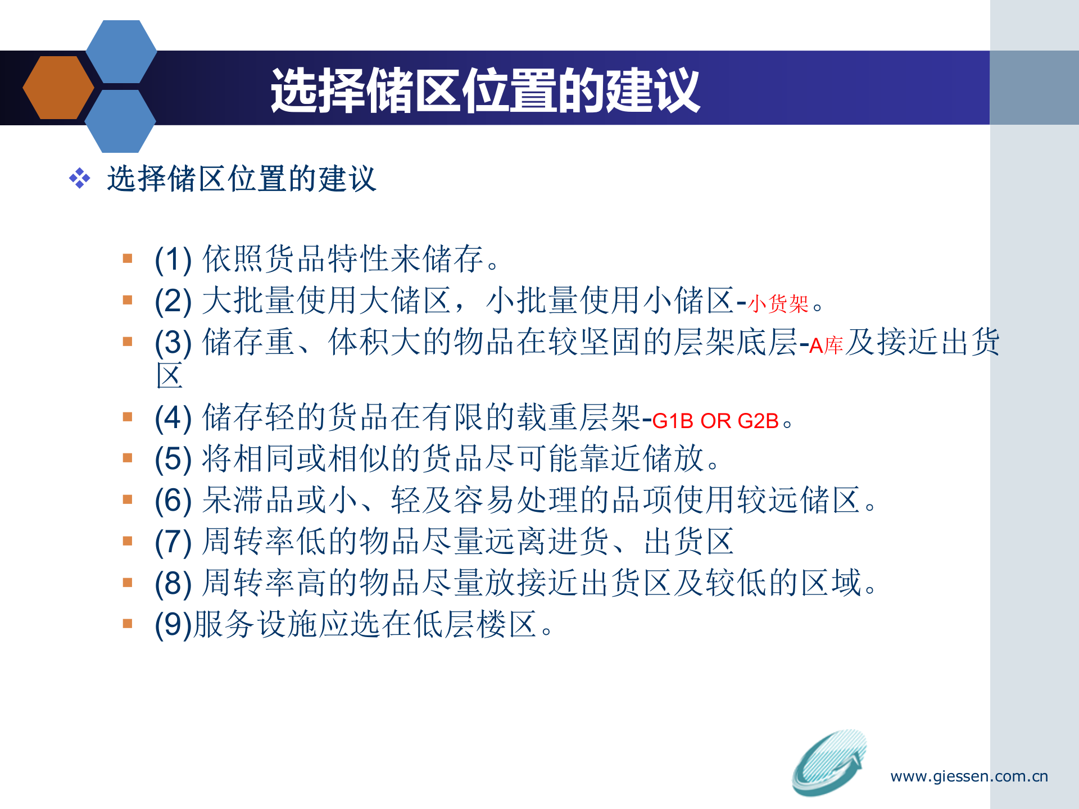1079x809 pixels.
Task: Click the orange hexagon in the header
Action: click(58, 88)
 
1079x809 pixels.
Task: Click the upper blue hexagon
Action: click(121, 52)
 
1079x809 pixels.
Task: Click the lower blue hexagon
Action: click(120, 121)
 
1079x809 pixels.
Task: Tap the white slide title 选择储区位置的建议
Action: click(485, 90)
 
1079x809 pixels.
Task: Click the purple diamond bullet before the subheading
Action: click(79, 179)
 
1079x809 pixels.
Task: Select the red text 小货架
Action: click(778, 304)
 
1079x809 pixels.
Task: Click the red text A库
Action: click(826, 345)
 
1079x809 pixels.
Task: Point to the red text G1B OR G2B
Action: click(715, 421)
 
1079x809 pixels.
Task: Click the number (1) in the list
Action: click(173, 260)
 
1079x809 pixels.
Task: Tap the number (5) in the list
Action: click(173, 459)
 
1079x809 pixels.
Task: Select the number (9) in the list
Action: click(173, 625)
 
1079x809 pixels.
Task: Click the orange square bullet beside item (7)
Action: click(128, 541)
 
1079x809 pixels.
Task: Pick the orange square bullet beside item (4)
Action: click(128, 417)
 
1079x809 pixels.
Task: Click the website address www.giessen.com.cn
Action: click(969, 776)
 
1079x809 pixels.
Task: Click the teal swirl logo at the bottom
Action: click(828, 762)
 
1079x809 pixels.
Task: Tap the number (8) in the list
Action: click(173, 583)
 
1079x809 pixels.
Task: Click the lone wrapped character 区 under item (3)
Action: click(170, 376)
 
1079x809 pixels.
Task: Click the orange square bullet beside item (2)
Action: click(128, 300)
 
